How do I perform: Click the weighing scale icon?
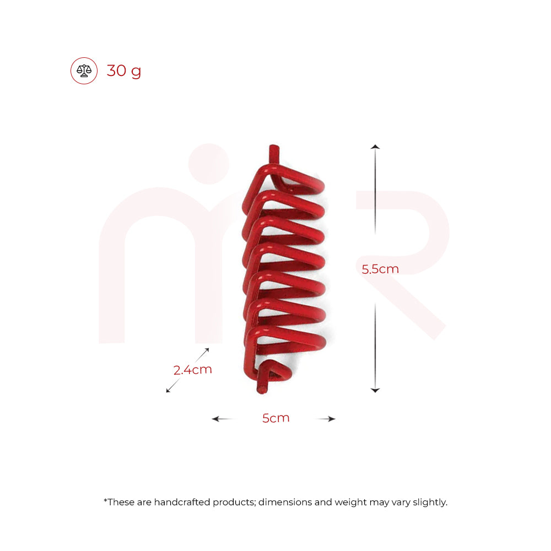84,71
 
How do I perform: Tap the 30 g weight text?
124,71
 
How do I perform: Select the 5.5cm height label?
380,269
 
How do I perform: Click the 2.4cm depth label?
193,370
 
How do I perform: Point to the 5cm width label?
275,418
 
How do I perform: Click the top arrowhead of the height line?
375,147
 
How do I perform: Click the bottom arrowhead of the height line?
375,390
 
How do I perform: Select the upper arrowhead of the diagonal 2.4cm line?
207,350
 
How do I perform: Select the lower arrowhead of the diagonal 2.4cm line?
168,391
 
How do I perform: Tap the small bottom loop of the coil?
274,371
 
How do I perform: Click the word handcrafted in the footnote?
180,502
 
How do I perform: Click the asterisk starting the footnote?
105,500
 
